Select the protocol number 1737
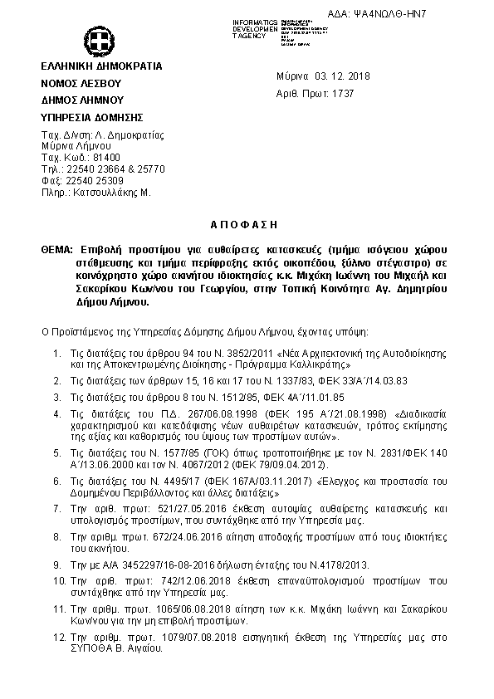tap(342, 94)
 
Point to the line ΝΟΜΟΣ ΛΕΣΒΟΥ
tap(81, 84)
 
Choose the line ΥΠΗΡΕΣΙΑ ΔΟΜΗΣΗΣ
tap(92, 117)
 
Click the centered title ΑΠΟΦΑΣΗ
tap(247, 225)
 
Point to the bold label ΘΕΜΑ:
tap(56, 249)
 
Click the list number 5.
tap(56, 454)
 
